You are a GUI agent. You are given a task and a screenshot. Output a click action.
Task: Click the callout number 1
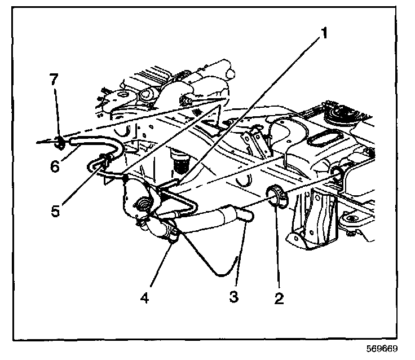click(324, 33)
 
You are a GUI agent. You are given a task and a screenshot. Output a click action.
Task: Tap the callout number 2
click(279, 298)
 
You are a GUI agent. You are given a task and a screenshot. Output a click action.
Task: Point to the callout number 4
click(144, 298)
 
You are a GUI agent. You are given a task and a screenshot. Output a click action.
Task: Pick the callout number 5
click(55, 210)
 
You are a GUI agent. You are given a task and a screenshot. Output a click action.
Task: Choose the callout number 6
click(55, 166)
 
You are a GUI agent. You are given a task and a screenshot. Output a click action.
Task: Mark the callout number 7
click(54, 79)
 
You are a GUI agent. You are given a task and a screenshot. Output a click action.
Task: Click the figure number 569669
click(382, 349)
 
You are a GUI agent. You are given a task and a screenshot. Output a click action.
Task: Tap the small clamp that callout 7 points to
click(60, 142)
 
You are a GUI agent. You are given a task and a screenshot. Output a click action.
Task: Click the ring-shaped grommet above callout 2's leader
click(277, 196)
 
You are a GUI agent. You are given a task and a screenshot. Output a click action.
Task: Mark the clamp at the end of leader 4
click(172, 232)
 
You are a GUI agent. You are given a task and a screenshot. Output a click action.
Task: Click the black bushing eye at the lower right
click(352, 219)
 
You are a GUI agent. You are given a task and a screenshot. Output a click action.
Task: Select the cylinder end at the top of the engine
click(230, 72)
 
